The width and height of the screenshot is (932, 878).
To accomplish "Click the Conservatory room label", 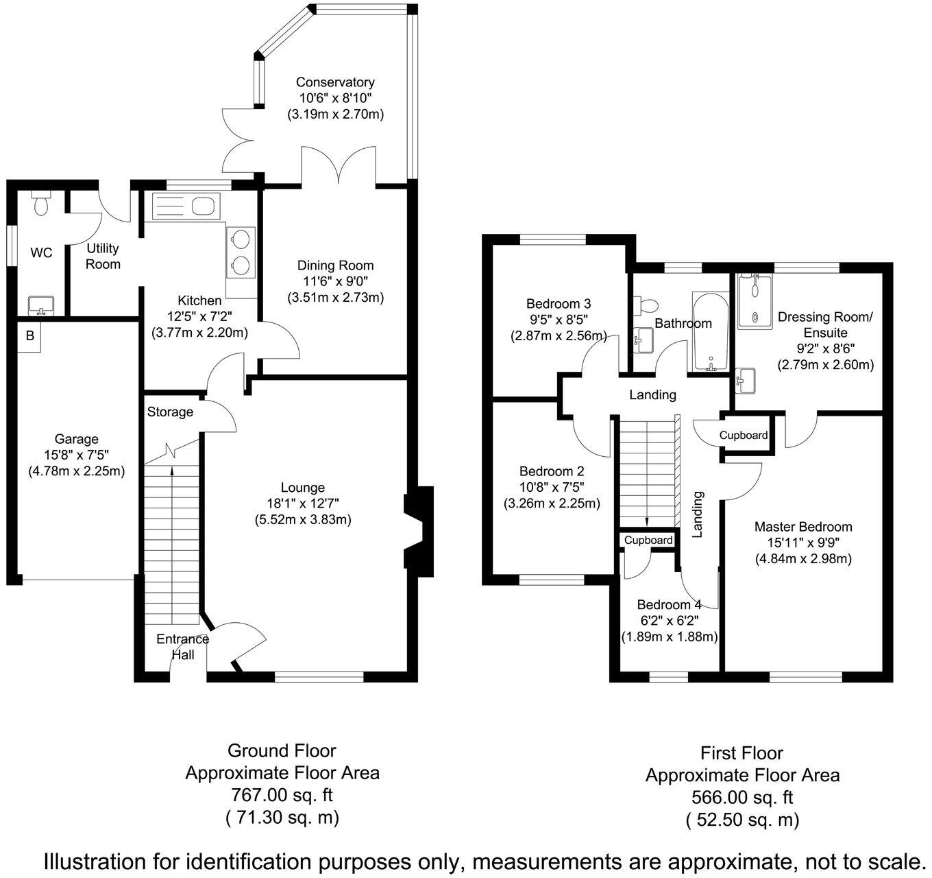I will [x=335, y=82].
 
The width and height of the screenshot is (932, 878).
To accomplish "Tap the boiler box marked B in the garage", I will [x=29, y=336].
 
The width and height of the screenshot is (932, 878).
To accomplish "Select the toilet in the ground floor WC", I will [x=41, y=203].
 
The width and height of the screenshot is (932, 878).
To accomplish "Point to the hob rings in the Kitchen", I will [x=241, y=252].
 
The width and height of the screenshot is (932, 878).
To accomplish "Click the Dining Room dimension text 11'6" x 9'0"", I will [x=335, y=281].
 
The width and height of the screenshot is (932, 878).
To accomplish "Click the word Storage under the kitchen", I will [x=170, y=412].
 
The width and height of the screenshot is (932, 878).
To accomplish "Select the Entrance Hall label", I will [x=182, y=647].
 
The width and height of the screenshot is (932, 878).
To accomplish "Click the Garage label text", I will [x=77, y=439].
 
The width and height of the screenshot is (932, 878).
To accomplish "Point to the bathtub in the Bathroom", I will [x=711, y=333].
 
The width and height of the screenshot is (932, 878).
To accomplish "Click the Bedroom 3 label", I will [x=559, y=303].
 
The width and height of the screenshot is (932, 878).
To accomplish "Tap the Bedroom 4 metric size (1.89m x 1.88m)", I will [x=669, y=637].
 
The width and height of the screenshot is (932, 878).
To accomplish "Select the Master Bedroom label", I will [x=803, y=527].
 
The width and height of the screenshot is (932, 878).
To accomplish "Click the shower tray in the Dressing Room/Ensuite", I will [x=754, y=301].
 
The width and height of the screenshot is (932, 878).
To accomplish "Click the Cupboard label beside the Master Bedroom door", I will [x=743, y=435].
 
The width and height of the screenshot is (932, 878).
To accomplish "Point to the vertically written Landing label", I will [x=698, y=514].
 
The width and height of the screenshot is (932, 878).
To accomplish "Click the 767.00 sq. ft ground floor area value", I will [x=282, y=795].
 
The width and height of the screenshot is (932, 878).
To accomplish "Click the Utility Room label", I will [x=103, y=256].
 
